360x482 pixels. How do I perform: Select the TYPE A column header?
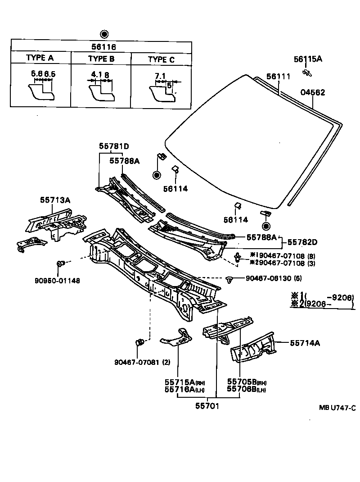coord(40,58)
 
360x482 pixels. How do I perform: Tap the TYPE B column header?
coord(101,59)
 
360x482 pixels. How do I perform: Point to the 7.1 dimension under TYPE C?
coord(160,76)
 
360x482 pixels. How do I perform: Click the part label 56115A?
coord(308,59)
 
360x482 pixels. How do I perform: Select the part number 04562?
coord(313,93)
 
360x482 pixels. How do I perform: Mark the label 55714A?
coord(305,343)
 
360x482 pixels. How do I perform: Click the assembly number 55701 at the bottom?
coord(207,406)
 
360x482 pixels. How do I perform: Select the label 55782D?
coord(302,242)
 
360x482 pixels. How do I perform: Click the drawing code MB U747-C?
coord(337,408)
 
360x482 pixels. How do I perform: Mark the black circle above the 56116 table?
coord(104,34)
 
